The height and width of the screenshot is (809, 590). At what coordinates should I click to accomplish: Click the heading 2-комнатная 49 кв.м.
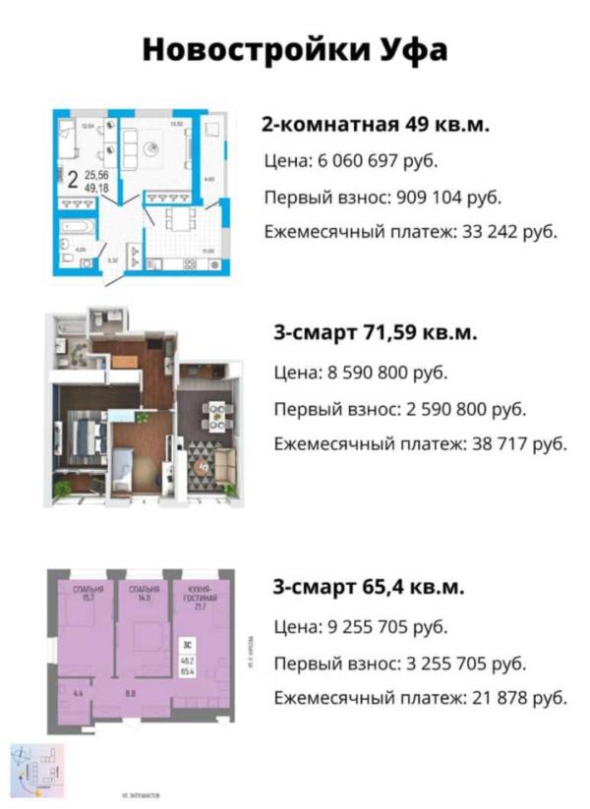click(x=375, y=125)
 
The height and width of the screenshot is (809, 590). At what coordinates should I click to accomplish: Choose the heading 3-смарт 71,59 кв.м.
click(x=375, y=333)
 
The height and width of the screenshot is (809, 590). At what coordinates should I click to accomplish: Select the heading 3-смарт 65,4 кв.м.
click(x=369, y=588)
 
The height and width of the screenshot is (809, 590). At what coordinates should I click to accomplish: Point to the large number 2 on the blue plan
click(x=74, y=178)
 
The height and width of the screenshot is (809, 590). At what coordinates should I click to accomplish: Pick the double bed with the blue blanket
click(x=86, y=438)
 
